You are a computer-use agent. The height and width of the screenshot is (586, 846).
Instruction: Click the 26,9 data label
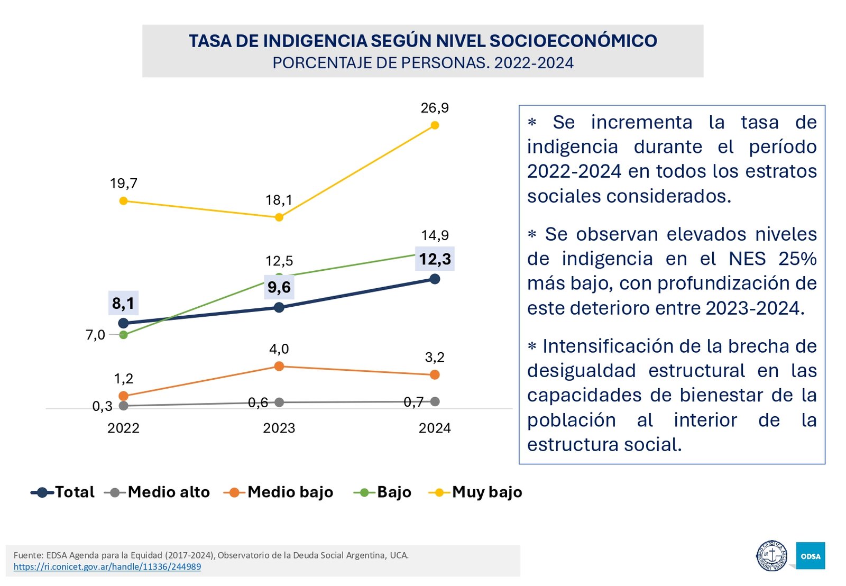(x=435, y=108)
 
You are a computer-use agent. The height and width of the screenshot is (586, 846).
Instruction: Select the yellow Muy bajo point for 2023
(x=279, y=217)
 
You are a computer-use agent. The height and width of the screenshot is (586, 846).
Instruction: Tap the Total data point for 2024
(x=435, y=279)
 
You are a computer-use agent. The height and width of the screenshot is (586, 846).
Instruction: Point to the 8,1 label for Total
(x=123, y=303)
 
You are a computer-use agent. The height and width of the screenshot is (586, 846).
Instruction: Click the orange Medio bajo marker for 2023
(x=279, y=366)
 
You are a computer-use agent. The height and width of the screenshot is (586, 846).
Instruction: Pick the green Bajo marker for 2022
(x=123, y=335)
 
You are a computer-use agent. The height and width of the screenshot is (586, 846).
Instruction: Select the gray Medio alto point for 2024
(x=435, y=401)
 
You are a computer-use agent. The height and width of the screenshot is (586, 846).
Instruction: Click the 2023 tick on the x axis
(x=279, y=428)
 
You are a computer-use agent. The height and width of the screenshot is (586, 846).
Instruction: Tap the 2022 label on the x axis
(x=123, y=428)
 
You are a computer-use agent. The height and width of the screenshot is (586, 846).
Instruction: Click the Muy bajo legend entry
(x=475, y=492)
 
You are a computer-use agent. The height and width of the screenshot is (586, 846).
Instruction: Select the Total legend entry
(x=63, y=492)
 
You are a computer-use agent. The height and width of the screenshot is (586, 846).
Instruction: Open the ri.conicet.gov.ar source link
(x=107, y=566)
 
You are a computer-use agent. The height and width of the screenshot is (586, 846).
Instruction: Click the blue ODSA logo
(x=810, y=556)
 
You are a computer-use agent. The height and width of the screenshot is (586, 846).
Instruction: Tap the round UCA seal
(x=771, y=556)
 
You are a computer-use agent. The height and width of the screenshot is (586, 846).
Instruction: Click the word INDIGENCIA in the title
(x=315, y=41)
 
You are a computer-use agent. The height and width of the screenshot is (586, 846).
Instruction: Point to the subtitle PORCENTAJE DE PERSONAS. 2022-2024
(x=422, y=63)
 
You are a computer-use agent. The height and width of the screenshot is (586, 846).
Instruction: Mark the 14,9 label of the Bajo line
(x=435, y=235)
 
